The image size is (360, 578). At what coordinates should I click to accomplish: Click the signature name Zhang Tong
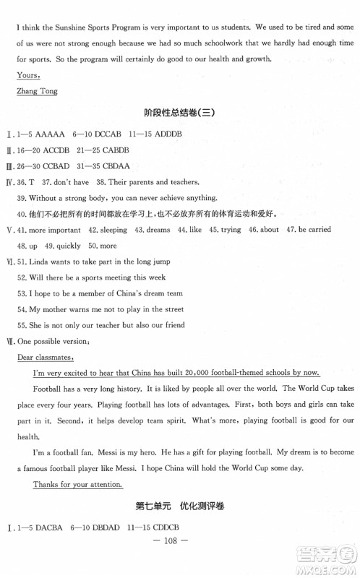click(x=36, y=91)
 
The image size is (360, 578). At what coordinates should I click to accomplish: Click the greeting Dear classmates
click(x=50, y=357)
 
